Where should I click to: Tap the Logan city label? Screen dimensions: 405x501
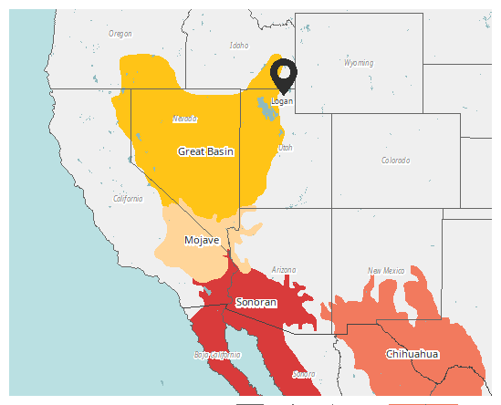pos(282,100)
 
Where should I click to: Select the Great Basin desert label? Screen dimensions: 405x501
pos(205,151)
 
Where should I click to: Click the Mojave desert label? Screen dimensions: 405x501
pos(201,240)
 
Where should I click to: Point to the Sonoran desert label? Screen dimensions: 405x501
pos(256,302)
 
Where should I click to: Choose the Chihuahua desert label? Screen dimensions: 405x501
pos(412,354)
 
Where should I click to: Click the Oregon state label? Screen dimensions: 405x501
pos(120,34)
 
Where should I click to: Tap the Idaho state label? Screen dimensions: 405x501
pos(239,45)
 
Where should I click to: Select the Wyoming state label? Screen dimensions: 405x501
pos(359,64)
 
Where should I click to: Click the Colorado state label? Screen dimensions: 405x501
pos(396,161)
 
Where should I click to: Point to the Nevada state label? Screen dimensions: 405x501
pos(184,119)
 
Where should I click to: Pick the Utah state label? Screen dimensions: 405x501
pos(286,147)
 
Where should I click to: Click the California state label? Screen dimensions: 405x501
pos(128,198)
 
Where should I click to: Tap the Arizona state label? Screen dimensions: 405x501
pos(284,270)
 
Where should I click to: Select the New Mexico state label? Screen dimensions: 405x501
pos(386,271)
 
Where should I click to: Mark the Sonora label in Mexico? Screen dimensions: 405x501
pos(304,374)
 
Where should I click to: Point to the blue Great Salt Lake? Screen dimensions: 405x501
pos(266,110)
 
